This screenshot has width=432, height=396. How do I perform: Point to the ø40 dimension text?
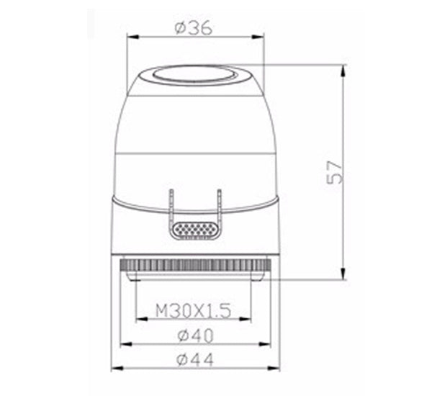pos(194,335)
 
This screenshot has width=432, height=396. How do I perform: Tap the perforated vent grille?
pos(194,230)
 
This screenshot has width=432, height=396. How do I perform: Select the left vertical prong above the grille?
pos(171,203)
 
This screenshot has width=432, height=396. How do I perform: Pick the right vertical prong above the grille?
pos(217,203)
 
